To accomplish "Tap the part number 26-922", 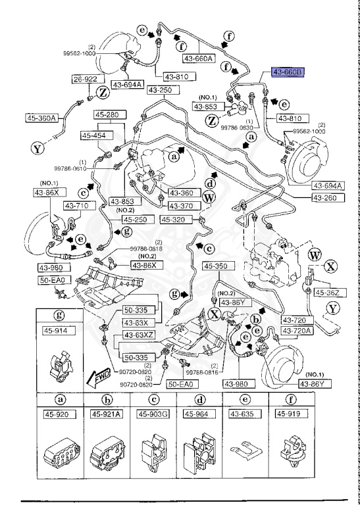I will point(86,80).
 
